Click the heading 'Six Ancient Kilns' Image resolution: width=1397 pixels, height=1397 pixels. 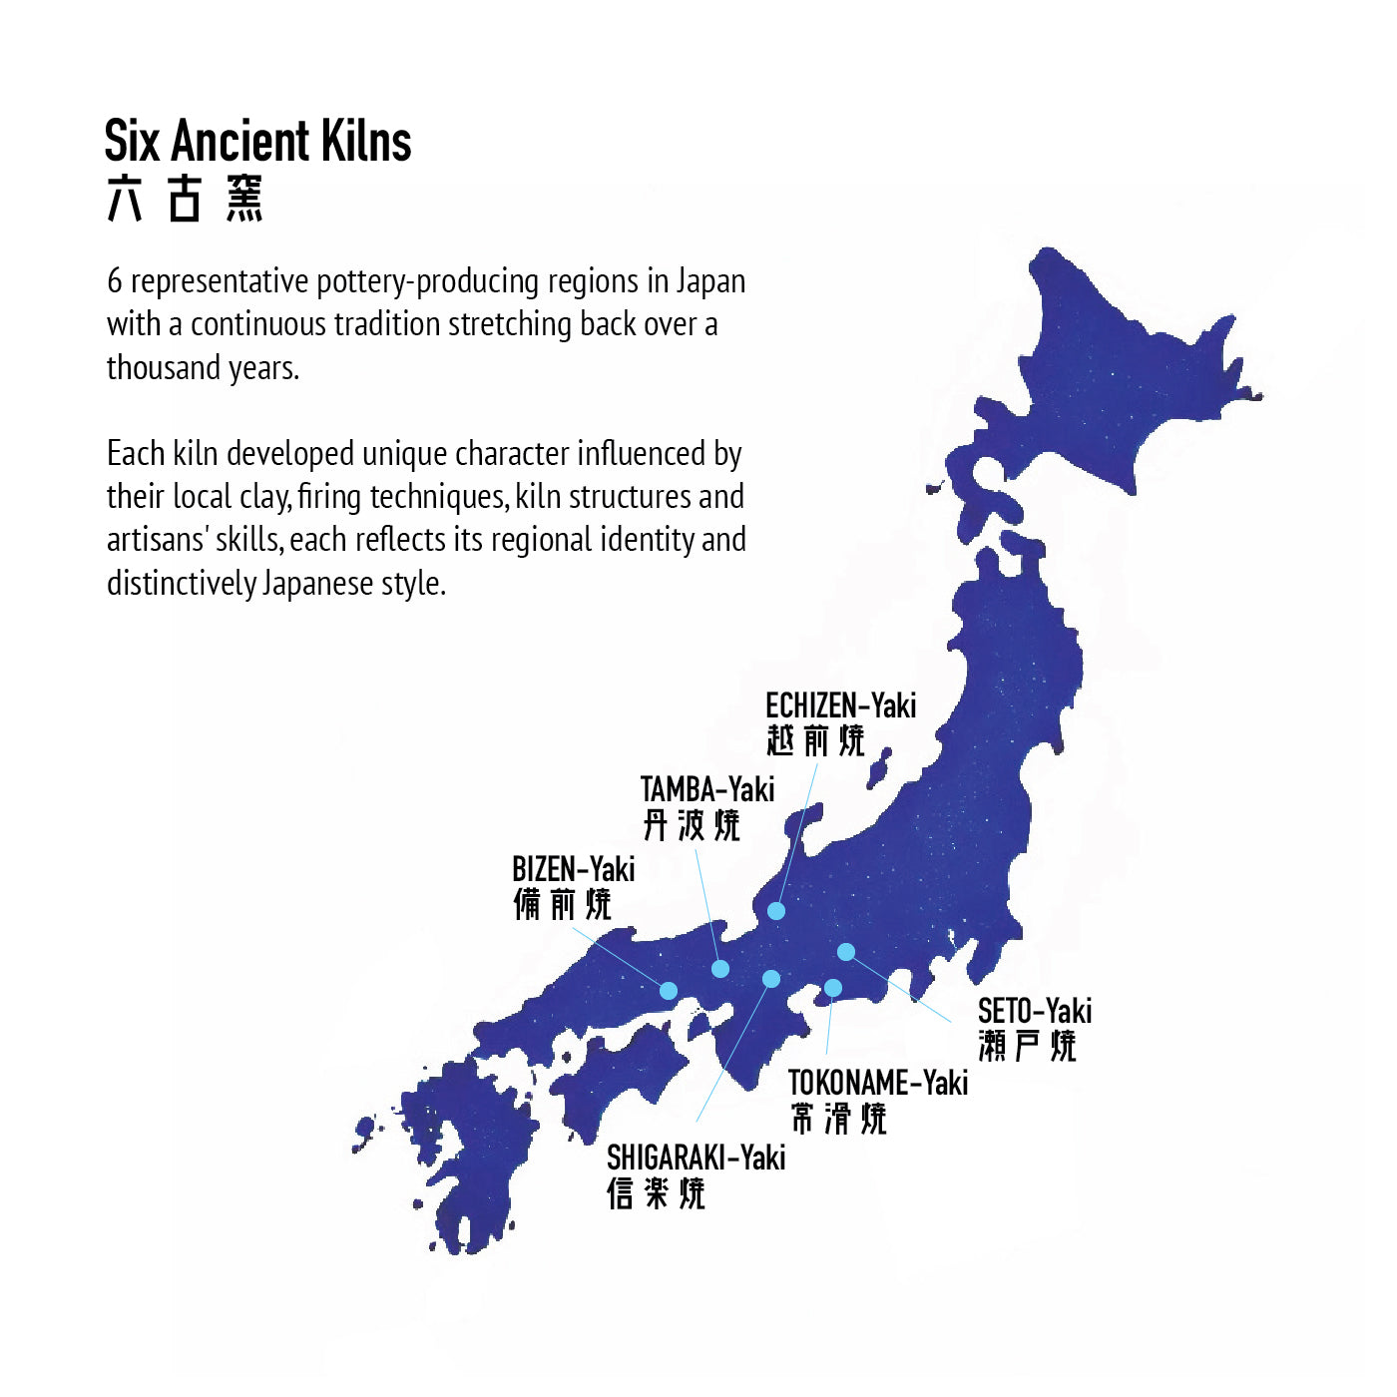point(257,141)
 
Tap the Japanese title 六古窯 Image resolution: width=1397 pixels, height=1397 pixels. point(185,199)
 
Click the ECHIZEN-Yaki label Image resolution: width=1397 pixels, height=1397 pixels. point(840,705)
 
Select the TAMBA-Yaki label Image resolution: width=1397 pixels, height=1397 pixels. point(706,789)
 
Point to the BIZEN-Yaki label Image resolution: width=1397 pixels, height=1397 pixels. point(573,869)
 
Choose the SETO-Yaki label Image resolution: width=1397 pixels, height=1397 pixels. point(1034,1011)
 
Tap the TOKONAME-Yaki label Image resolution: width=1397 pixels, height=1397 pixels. point(877,1083)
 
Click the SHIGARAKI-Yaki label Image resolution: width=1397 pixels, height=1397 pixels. point(696,1158)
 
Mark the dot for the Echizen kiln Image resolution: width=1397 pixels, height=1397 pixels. point(776,910)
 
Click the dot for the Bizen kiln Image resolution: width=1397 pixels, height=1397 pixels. point(669,990)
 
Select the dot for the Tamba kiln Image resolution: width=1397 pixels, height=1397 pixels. point(720,968)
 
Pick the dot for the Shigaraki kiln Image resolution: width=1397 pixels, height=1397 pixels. point(770,979)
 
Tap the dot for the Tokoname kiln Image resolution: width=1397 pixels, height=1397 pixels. point(832,988)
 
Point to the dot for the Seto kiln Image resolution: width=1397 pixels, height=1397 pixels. point(846,952)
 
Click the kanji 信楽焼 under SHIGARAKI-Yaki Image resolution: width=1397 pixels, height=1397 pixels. point(656,1193)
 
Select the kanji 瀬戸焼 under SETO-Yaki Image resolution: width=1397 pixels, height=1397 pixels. point(1027,1046)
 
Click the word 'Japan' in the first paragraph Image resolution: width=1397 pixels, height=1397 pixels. point(710,281)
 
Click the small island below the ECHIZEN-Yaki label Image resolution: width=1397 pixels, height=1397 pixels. point(879,769)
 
